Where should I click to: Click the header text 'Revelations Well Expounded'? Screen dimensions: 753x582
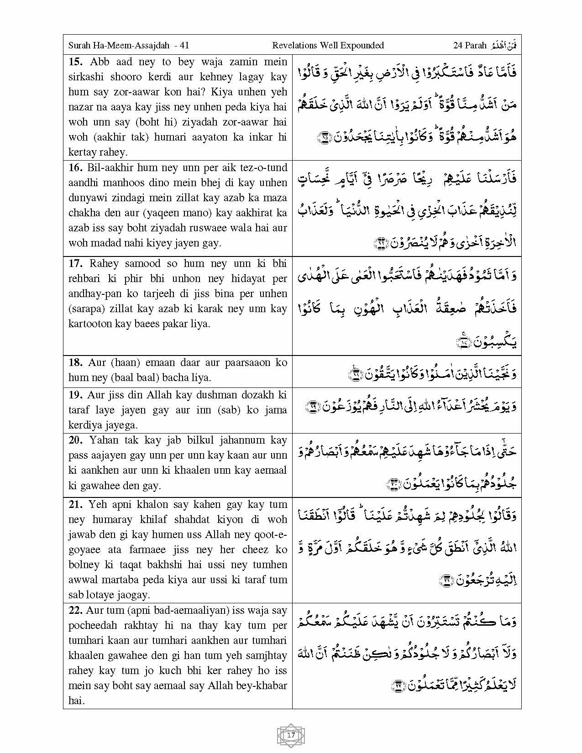328,45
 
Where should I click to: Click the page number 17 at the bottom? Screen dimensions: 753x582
291,735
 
